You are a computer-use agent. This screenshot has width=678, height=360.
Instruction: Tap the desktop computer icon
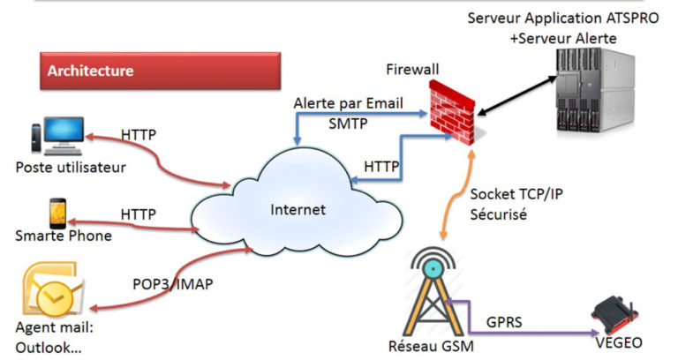click(56, 136)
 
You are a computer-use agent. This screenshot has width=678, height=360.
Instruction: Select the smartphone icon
click(54, 212)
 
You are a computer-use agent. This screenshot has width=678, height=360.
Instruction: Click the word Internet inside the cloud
click(298, 210)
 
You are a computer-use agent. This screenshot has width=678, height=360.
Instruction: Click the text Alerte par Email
click(349, 102)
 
